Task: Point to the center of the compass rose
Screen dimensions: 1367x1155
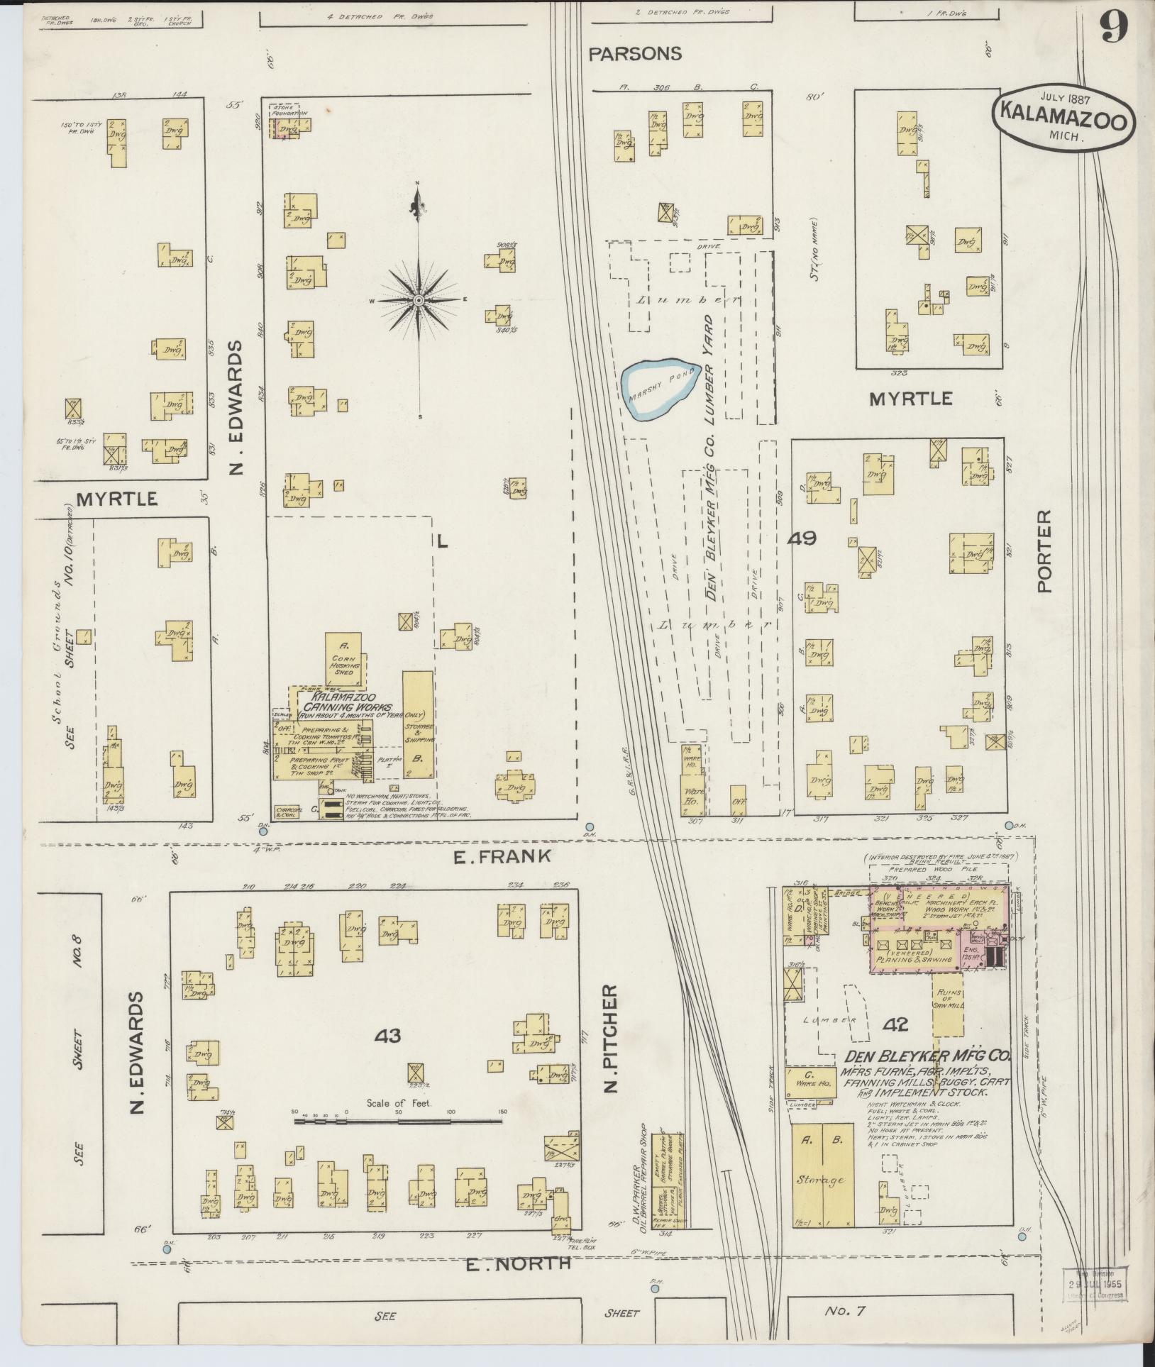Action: (419, 301)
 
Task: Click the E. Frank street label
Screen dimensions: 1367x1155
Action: (502, 856)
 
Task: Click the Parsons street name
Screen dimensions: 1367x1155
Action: (636, 53)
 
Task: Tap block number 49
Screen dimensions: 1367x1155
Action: (801, 538)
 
